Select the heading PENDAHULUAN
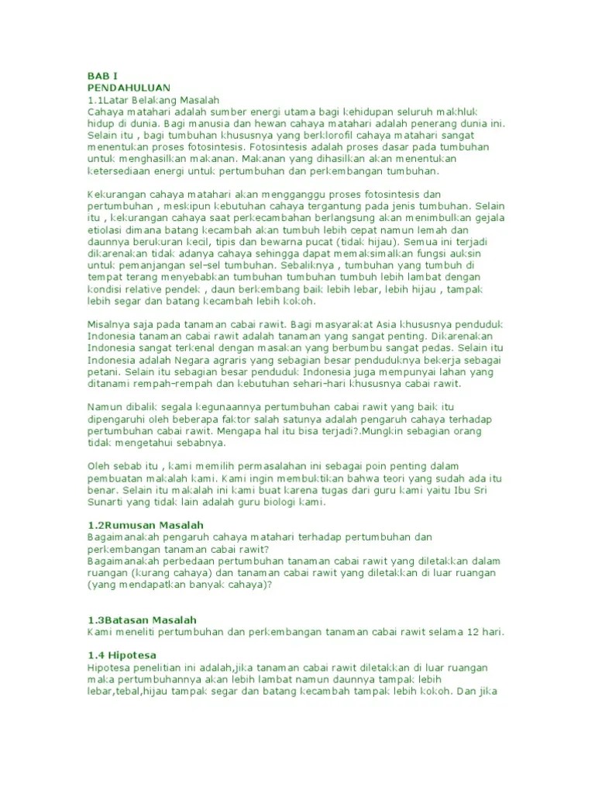[129, 88]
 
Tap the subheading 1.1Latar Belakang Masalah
[154, 100]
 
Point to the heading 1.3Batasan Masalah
[142, 620]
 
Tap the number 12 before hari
[473, 632]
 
